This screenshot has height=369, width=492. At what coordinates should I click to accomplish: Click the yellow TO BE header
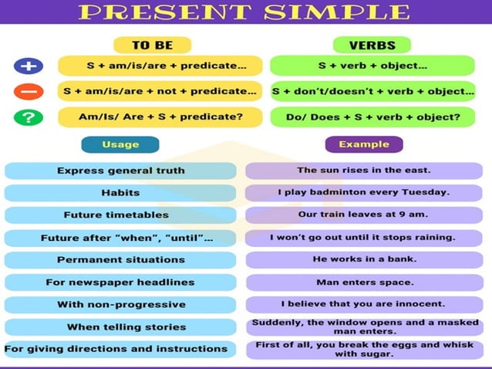[152, 45]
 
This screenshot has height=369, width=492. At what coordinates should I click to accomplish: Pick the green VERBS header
[372, 45]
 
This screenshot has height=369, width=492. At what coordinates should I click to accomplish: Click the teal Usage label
[120, 144]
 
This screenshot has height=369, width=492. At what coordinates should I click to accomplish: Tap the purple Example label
[364, 144]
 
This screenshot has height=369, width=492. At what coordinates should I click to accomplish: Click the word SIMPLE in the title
[339, 12]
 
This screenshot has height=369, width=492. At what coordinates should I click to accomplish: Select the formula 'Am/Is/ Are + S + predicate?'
[160, 118]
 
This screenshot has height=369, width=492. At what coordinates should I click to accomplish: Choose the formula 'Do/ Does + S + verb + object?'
[373, 118]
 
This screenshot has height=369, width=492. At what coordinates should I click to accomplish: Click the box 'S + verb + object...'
[373, 66]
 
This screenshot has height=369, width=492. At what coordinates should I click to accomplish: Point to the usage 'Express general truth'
[120, 171]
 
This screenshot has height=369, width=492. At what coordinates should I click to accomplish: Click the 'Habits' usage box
[120, 192]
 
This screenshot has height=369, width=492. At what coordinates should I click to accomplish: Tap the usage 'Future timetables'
[120, 215]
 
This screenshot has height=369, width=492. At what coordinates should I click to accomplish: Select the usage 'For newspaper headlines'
[120, 283]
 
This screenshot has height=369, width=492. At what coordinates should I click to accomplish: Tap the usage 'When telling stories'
[120, 327]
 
